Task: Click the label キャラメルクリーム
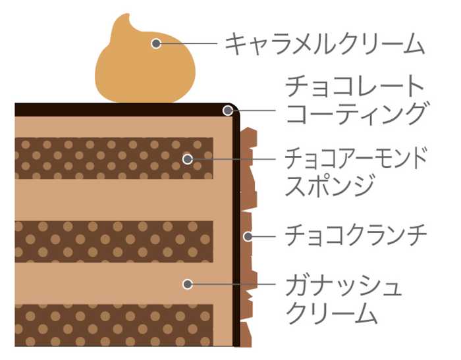pos(325,44)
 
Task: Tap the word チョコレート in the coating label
pos(354,86)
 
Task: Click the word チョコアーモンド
pos(356,159)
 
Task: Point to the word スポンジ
pos(329,184)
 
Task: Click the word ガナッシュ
pos(343,284)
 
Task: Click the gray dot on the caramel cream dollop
pos(156,43)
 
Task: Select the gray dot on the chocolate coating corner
pos(228,111)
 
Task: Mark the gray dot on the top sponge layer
pos(188,159)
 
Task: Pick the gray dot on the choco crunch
pos(248,236)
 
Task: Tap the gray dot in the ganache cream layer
pos(188,284)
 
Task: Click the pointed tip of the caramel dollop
pos(128,14)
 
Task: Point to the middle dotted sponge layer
pos(114,242)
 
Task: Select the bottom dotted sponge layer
pos(114,325)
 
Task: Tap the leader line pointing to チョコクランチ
pos(263,236)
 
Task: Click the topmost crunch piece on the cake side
pos(249,137)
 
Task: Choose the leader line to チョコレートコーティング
pos(254,111)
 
